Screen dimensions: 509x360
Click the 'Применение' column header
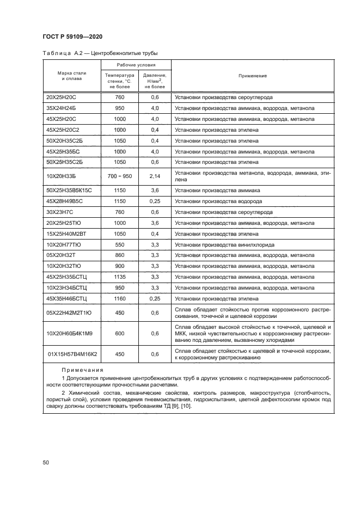point(252,76)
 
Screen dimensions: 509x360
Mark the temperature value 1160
point(120,298)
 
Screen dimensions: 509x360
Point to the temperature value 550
point(120,244)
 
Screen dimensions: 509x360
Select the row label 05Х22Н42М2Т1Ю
point(69,312)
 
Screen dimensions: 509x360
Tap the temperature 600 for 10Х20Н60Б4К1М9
point(120,334)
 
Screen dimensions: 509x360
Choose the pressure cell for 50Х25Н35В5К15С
point(155,191)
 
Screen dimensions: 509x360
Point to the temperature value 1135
point(120,277)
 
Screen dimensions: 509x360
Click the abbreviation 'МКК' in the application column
point(181,334)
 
